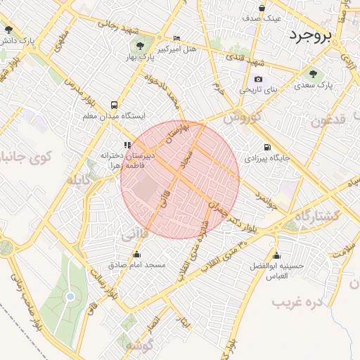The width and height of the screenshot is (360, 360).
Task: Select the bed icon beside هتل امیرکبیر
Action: tap(176, 38)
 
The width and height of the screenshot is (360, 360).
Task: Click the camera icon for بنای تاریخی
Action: tap(258, 79)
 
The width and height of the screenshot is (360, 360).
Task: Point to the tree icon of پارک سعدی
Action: tap(312, 73)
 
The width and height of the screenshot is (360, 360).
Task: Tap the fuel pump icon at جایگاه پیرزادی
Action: tap(267, 147)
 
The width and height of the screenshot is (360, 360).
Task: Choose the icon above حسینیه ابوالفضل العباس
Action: tap(276, 255)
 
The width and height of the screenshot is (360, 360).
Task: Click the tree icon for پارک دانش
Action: tap(8, 30)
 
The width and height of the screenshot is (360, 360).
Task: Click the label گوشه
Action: tap(137, 346)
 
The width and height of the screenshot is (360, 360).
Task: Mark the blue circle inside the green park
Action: tap(70, 296)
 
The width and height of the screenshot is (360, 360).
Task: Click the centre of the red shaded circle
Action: tap(180, 180)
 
